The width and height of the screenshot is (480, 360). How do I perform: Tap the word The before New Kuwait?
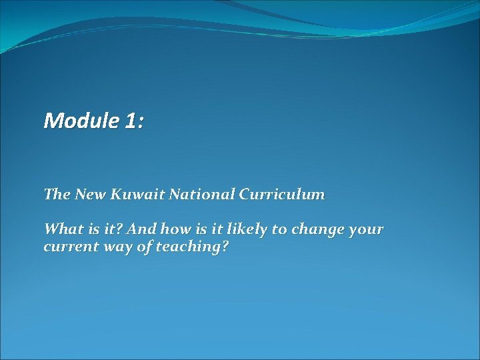56,195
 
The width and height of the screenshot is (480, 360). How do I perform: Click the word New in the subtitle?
88,195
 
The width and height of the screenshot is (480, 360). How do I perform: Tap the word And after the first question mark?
141,229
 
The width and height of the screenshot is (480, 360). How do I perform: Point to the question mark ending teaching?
225,247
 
